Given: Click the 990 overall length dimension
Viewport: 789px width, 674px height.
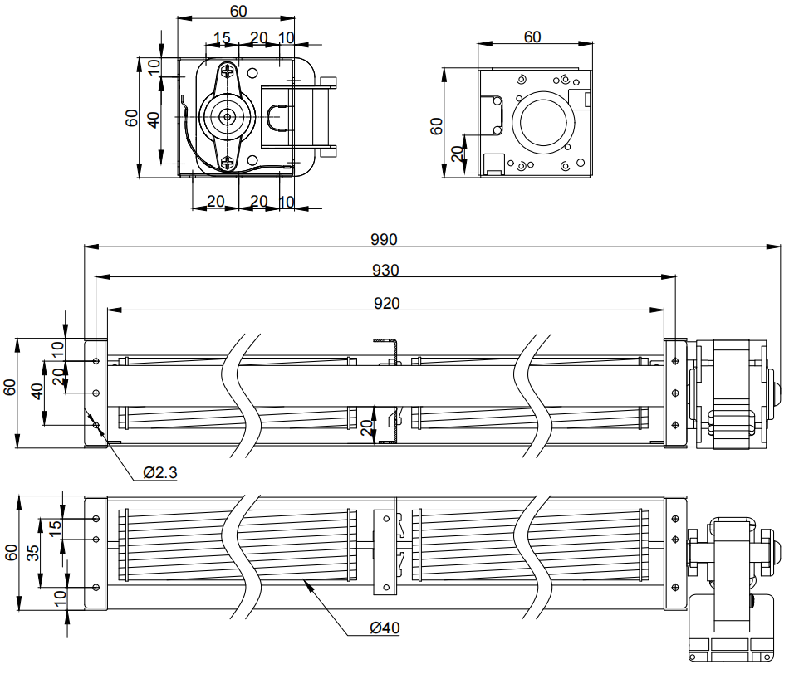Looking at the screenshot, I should click(384, 240).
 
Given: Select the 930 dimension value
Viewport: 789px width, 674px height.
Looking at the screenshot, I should click(385, 270).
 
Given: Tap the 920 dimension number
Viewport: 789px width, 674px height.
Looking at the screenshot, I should click(386, 303).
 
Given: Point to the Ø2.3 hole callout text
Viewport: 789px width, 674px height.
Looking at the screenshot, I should click(159, 473).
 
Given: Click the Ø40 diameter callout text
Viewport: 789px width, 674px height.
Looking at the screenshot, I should click(385, 628).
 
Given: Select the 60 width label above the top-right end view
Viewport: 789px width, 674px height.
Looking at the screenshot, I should click(532, 37).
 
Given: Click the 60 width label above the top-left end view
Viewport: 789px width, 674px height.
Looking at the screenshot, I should click(238, 12).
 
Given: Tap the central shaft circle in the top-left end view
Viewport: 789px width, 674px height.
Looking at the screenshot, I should click(226, 117).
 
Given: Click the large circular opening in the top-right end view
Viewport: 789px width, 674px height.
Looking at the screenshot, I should click(543, 121).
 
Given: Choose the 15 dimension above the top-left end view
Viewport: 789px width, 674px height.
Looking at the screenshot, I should click(222, 37).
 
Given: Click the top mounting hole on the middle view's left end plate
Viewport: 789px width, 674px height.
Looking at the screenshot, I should click(97, 361).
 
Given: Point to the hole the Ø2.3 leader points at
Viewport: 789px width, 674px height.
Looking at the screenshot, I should click(97, 425).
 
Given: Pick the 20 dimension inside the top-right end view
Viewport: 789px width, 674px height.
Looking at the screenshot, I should click(456, 154).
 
